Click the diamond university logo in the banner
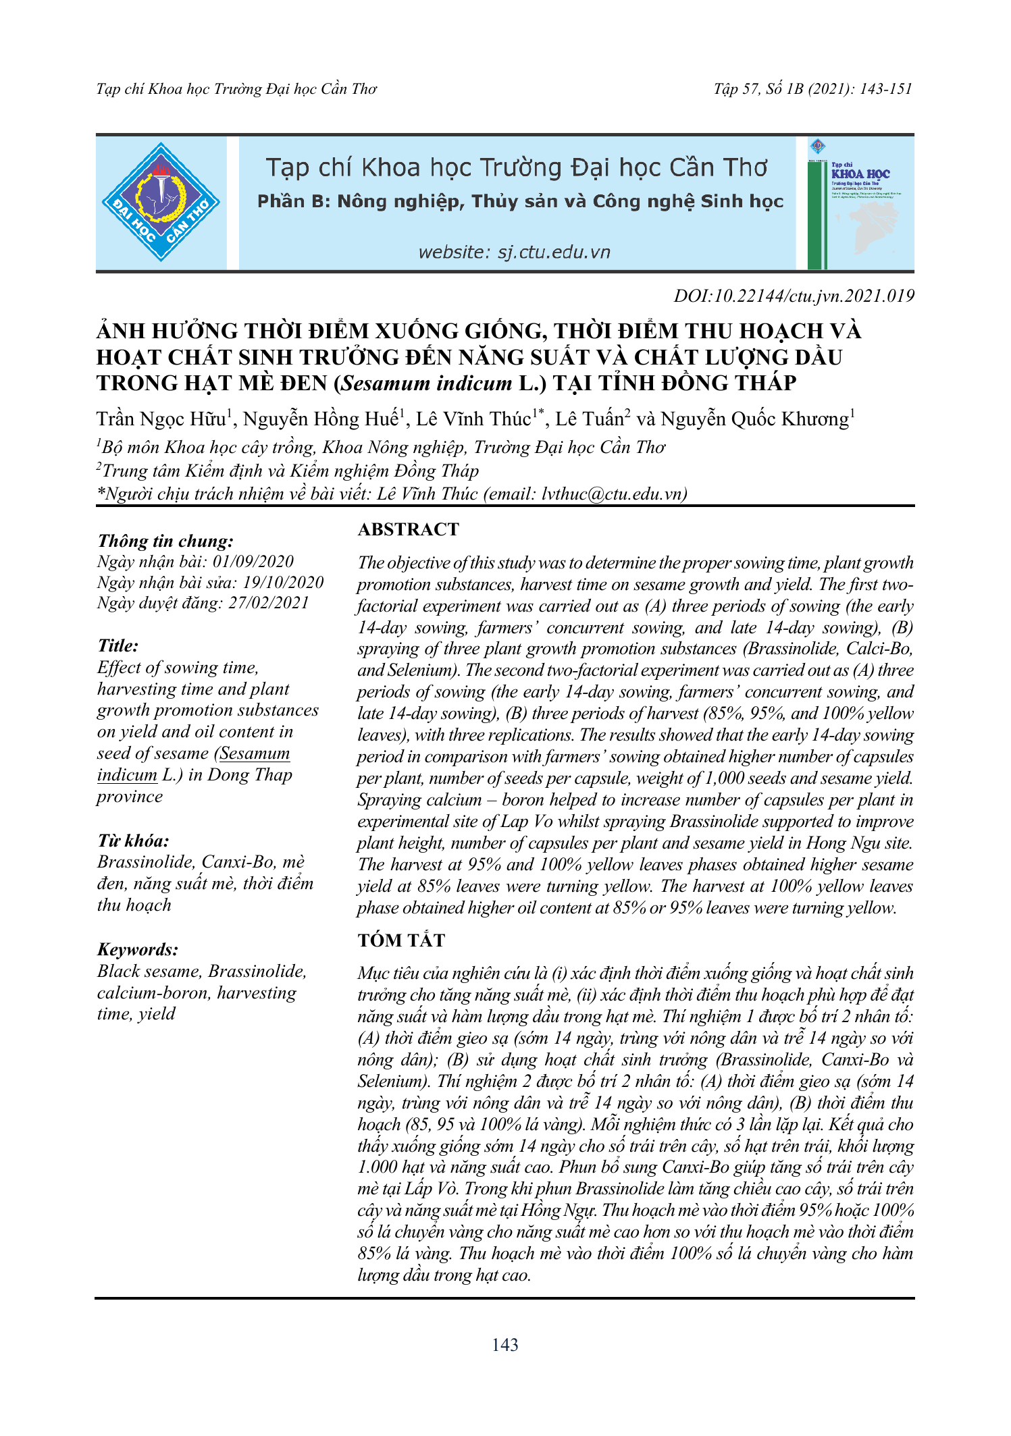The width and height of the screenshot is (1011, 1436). click(x=161, y=202)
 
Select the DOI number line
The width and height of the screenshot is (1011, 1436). click(x=794, y=296)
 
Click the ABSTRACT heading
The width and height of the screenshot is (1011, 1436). click(x=408, y=529)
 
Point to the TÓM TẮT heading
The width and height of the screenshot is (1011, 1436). click(x=401, y=940)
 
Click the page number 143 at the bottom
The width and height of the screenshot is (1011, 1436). click(x=505, y=1345)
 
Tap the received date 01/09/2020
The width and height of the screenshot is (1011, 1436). click(x=253, y=562)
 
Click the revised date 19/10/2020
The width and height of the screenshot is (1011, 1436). click(x=283, y=582)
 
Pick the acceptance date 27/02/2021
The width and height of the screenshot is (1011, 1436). click(x=268, y=602)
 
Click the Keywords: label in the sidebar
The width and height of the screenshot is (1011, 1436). click(x=138, y=949)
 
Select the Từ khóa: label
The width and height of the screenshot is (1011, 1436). click(x=133, y=841)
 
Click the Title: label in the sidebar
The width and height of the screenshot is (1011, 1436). click(x=118, y=646)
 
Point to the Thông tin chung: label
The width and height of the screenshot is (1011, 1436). click(x=165, y=541)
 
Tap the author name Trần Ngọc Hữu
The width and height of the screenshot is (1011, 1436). click(x=161, y=419)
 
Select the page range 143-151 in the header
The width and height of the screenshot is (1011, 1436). click(x=885, y=89)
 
